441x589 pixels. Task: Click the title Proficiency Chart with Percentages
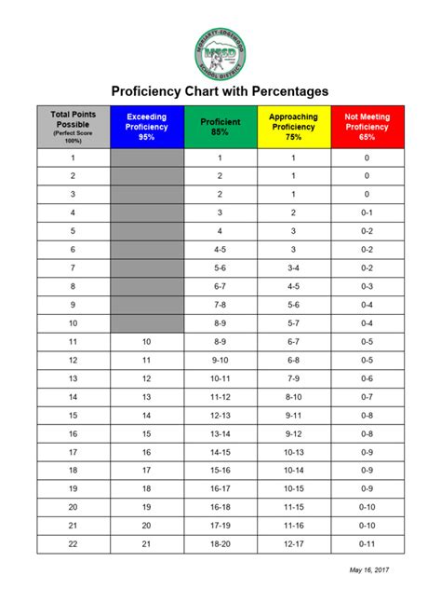click(x=220, y=91)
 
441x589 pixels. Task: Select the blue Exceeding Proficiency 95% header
click(x=146, y=127)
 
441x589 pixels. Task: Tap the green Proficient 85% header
click(x=220, y=127)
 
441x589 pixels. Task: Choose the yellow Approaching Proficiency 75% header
click(x=293, y=127)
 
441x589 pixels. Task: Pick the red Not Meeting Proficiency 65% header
click(x=367, y=127)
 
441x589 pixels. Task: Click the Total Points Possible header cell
click(x=73, y=127)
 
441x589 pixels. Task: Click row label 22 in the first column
click(x=73, y=543)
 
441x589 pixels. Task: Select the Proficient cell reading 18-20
click(x=220, y=543)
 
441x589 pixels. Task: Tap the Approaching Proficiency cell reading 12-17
click(x=293, y=543)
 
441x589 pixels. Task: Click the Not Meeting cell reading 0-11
click(x=367, y=543)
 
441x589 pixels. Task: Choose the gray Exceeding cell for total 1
click(x=146, y=158)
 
